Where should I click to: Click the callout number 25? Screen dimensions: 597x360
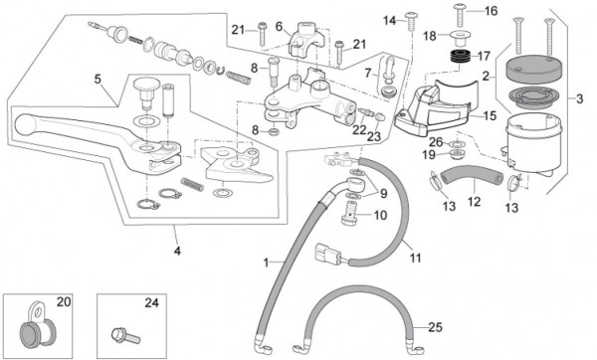435,327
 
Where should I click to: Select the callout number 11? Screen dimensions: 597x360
415,258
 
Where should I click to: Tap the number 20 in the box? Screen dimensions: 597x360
64,302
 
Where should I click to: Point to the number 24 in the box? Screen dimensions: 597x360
151,303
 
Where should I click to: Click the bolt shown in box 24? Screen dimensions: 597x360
126,336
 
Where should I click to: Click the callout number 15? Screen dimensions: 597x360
490,115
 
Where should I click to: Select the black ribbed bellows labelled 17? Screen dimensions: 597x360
460,57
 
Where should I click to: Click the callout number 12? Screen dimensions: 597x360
474,201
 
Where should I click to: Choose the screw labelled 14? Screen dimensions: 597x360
412,21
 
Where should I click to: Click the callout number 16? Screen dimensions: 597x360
491,11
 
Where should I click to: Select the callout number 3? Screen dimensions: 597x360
579,99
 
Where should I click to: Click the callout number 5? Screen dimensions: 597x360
98,80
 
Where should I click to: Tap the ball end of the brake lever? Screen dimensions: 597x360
25,124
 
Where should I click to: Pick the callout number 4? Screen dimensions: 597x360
177,252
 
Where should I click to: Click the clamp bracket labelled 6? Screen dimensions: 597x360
307,38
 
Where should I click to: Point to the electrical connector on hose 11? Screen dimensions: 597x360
326,254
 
